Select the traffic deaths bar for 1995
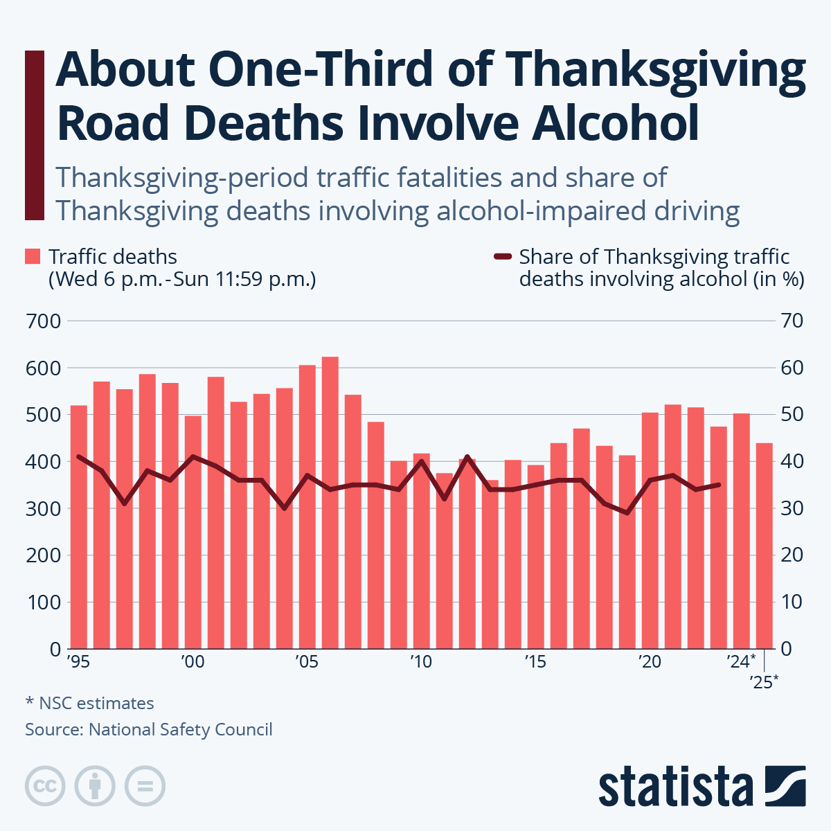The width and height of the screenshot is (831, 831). click(x=79, y=526)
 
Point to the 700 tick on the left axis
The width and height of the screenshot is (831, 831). click(x=43, y=321)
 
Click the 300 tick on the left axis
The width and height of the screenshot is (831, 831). click(x=43, y=508)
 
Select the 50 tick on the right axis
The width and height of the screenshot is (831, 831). click(x=792, y=415)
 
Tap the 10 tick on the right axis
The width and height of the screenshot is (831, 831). click(x=792, y=602)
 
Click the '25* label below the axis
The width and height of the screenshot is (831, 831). click(x=764, y=682)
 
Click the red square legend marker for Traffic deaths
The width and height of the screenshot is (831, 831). click(x=33, y=257)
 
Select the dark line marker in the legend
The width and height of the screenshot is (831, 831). click(x=502, y=257)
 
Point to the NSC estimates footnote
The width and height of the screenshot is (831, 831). click(x=90, y=704)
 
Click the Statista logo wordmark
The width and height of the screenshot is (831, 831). click(x=676, y=786)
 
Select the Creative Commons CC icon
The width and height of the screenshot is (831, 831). click(x=45, y=786)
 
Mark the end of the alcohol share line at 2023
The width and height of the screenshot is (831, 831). click(x=718, y=485)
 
